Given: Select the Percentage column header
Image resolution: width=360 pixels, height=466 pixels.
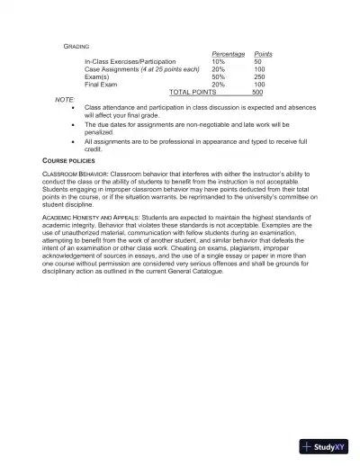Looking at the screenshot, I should pos(227,54).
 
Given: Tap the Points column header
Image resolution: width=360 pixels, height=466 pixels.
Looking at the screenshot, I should pos(264,54).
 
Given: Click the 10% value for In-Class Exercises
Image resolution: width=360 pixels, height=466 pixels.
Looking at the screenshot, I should pos(218,61).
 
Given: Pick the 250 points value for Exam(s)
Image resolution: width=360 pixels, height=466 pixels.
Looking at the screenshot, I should pos(259,76).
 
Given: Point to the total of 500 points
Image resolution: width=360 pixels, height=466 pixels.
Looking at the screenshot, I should pos(257,92).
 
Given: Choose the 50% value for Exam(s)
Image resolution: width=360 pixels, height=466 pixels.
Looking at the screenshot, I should pos(218,76).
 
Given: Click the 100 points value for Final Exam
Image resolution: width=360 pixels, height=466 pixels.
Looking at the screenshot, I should pos(259,85).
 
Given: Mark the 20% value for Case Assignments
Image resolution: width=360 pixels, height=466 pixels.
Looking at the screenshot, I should pos(218,69).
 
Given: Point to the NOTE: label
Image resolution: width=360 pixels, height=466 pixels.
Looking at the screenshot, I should pos(65,99).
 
